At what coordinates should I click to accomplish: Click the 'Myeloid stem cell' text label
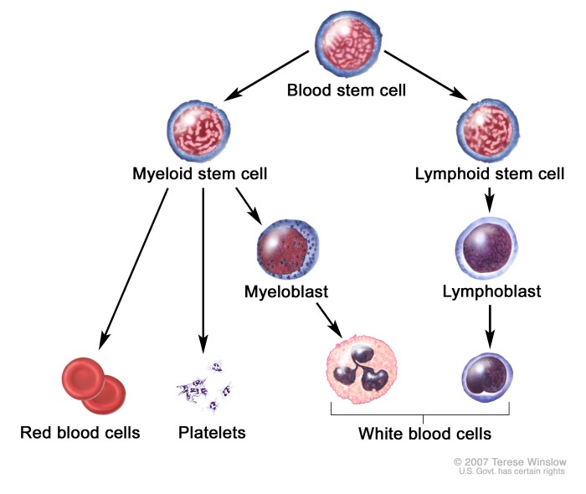click(199, 175)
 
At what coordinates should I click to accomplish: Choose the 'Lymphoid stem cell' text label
click(490, 175)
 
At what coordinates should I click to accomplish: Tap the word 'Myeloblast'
click(285, 292)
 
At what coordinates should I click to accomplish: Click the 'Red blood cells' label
click(80, 433)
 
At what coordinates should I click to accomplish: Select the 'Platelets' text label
click(212, 433)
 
